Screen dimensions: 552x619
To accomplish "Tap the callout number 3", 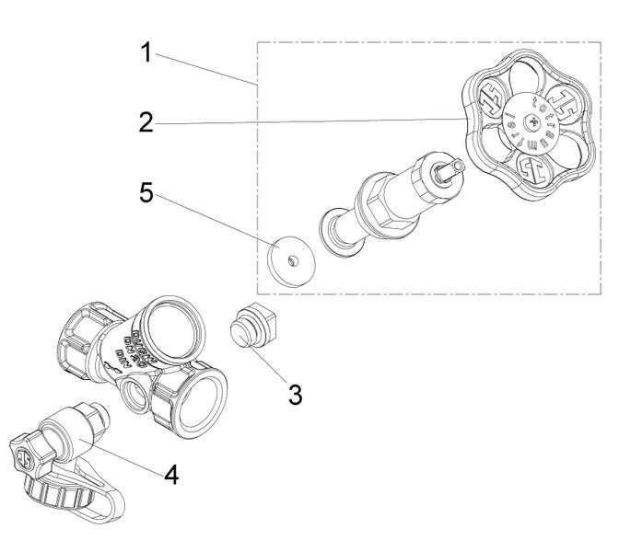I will (x=295, y=395).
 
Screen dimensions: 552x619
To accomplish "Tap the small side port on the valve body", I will (x=134, y=396).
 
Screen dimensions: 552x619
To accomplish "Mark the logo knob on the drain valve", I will (x=25, y=454).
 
